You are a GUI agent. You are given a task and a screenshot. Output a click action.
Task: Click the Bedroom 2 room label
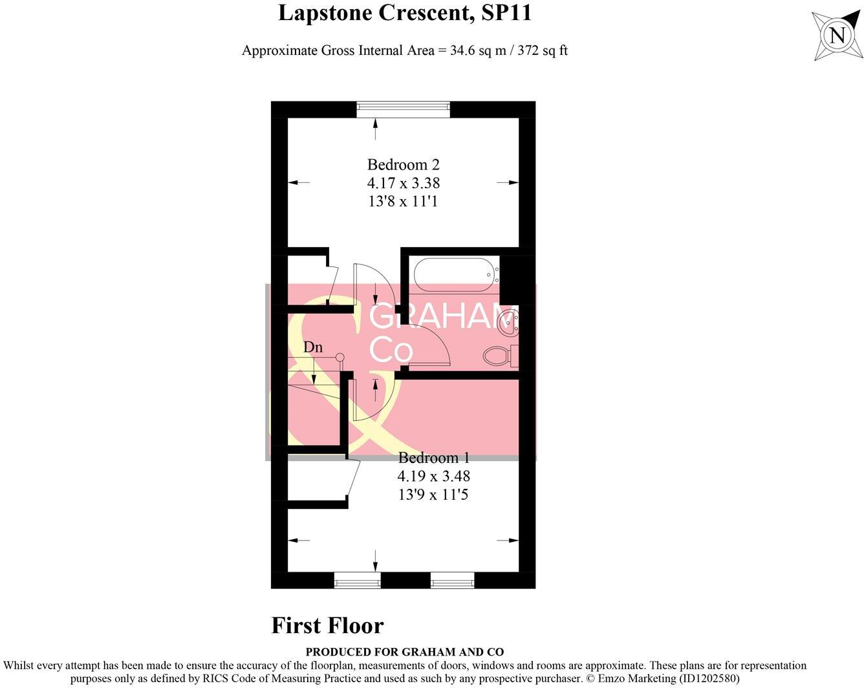(403, 164)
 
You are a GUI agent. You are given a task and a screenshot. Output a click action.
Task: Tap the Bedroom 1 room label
(433, 458)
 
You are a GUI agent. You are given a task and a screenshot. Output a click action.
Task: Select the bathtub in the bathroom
(455, 275)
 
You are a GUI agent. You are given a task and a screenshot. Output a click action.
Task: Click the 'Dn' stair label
(313, 347)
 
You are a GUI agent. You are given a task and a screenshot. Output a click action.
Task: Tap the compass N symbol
(837, 35)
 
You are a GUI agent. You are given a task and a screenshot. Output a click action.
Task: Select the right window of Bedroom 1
(453, 580)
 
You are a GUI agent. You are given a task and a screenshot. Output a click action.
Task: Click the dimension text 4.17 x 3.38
(403, 183)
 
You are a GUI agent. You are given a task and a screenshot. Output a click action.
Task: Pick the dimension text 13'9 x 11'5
(433, 495)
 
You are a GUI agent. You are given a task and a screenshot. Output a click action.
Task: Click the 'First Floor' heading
(327, 625)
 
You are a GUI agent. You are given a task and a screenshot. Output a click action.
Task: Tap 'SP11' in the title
(506, 13)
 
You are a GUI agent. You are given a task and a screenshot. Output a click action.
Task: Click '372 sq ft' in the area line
(535, 50)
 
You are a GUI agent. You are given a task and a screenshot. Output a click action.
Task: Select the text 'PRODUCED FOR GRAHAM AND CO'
(404, 652)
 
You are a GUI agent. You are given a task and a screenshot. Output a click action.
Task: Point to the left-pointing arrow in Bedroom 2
(298, 183)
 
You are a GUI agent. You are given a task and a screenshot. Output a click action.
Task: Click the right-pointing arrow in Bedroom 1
(508, 541)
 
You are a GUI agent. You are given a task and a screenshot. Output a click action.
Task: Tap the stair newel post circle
(340, 357)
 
